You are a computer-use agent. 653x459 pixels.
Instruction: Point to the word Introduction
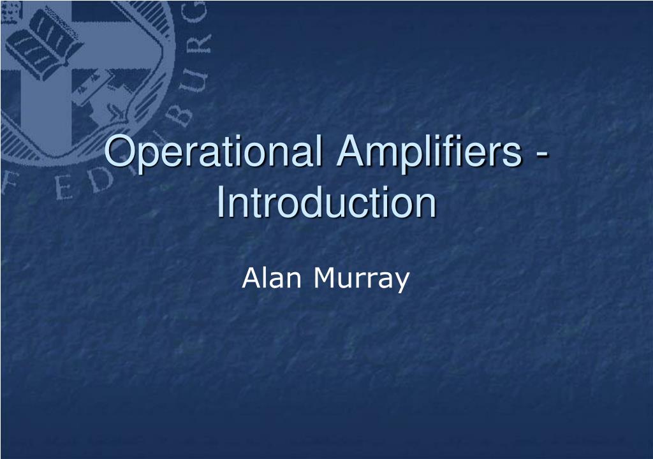pyautogui.click(x=326, y=203)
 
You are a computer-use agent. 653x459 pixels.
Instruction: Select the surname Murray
pyautogui.click(x=360, y=279)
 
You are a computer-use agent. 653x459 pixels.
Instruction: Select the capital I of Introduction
pyautogui.click(x=221, y=203)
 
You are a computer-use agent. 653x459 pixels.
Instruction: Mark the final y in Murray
pyautogui.click(x=400, y=282)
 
